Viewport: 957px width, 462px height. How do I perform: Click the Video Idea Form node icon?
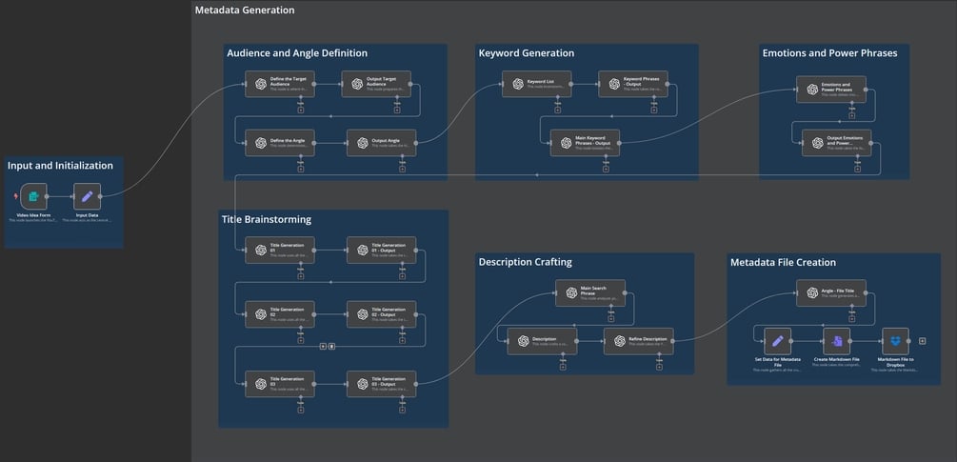coord(33,196)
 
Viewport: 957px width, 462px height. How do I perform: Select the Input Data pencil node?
coord(87,196)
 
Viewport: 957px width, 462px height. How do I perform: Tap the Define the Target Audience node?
coord(279,84)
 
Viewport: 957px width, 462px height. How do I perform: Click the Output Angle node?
coord(381,143)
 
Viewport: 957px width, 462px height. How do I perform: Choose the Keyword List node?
coord(536,84)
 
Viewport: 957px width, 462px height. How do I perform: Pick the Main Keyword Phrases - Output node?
coord(585,143)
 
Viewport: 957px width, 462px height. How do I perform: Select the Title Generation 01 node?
coord(279,250)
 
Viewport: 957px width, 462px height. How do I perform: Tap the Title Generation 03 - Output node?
coord(381,383)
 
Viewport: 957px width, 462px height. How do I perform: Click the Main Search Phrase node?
coord(590,292)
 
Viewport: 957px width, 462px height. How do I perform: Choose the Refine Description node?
coord(638,341)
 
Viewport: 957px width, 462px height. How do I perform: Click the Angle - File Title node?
coord(830,292)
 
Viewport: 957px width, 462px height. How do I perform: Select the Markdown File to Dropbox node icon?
coord(895,340)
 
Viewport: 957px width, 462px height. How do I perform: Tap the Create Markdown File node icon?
coord(836,340)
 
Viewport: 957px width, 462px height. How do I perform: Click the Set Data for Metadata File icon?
coord(777,340)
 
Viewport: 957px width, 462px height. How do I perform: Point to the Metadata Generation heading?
coord(245,10)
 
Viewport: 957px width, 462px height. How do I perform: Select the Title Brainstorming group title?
coord(267,219)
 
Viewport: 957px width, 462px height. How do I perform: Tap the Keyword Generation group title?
coord(527,53)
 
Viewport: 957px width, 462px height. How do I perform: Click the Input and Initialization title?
coord(60,166)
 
